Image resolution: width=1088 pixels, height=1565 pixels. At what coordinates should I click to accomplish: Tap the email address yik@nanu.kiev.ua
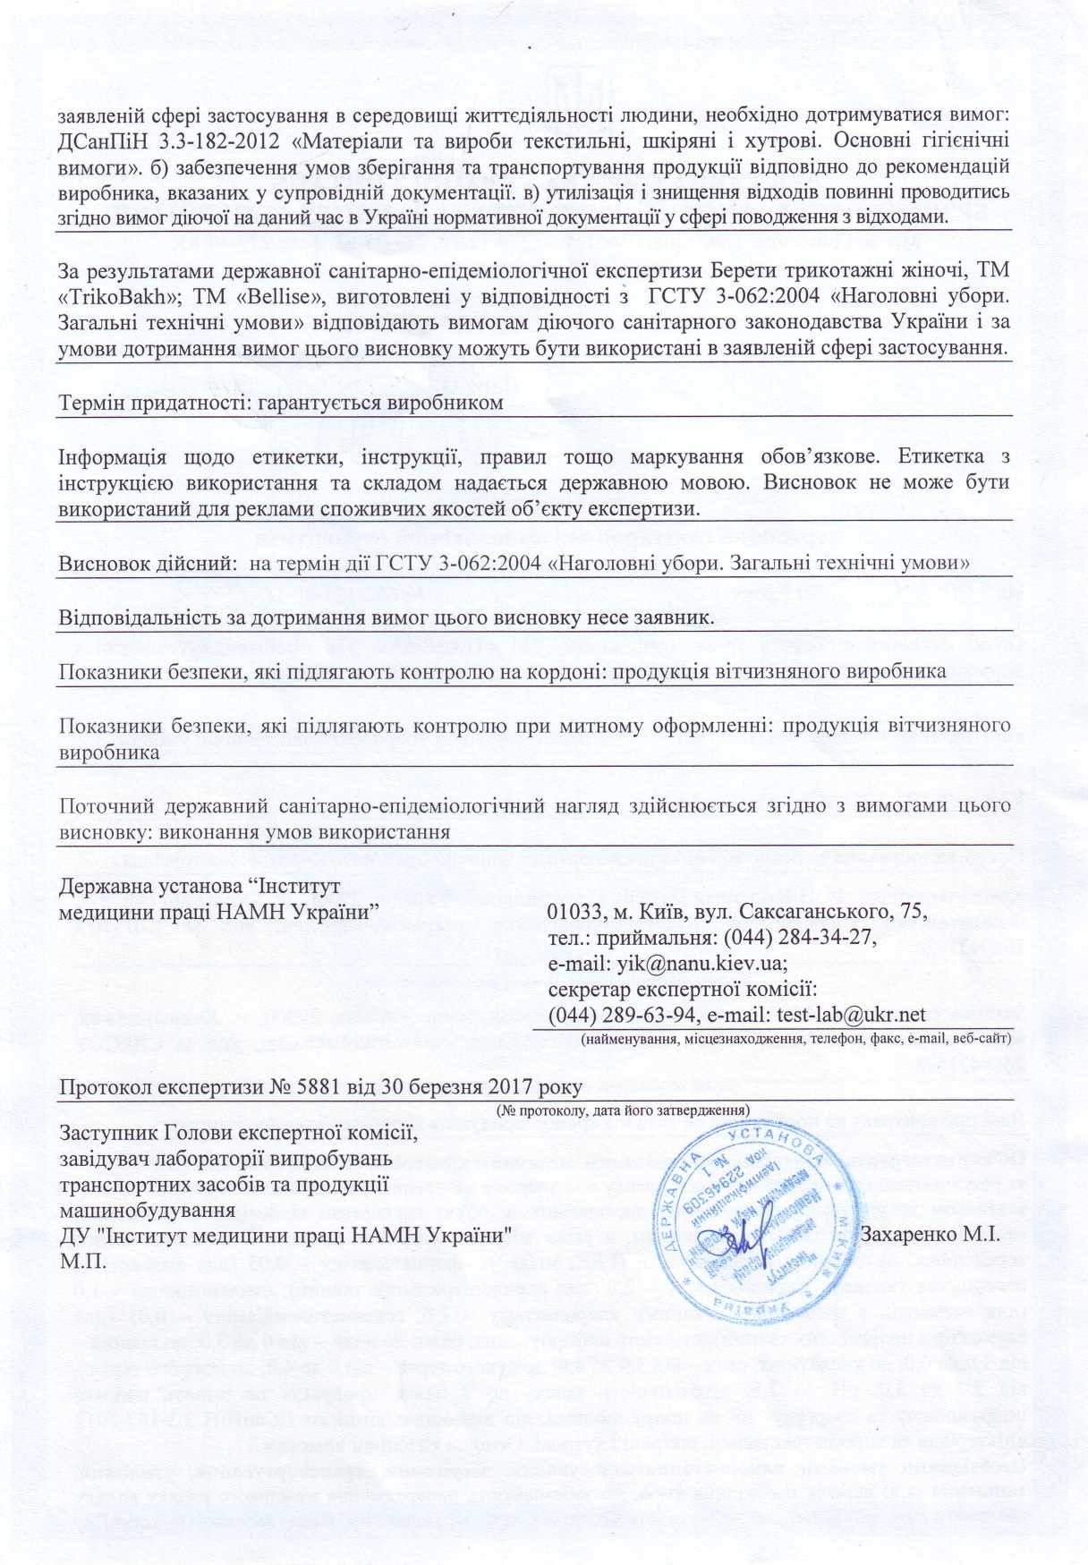697,964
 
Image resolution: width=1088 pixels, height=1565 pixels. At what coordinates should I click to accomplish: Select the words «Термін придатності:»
155,403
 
